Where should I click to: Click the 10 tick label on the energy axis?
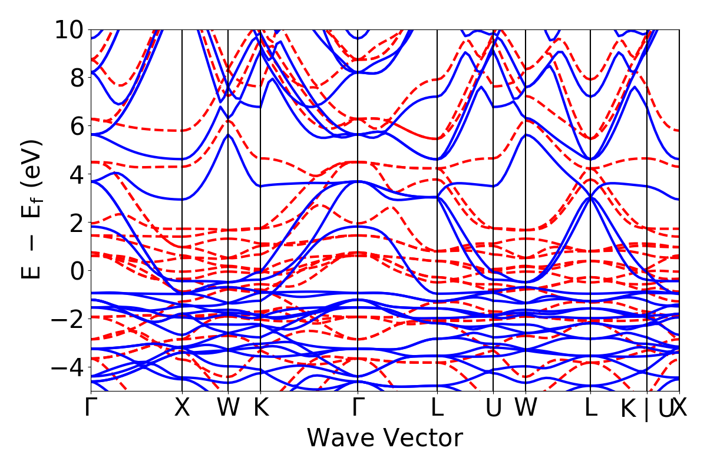pos(69,29)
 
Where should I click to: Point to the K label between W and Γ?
pos(260,408)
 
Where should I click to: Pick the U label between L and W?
pos(493,408)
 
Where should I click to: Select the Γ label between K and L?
pos(358,408)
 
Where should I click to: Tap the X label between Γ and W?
pos(182,408)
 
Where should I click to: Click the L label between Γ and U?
pos(437,408)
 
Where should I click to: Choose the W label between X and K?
pos(228,408)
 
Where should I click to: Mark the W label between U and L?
pos(525,408)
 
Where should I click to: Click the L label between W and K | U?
pos(590,408)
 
